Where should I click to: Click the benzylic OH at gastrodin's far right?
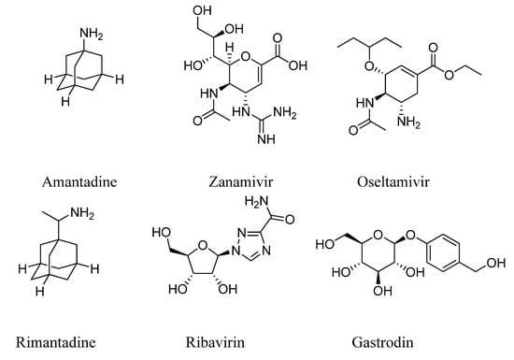coord(495,276)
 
